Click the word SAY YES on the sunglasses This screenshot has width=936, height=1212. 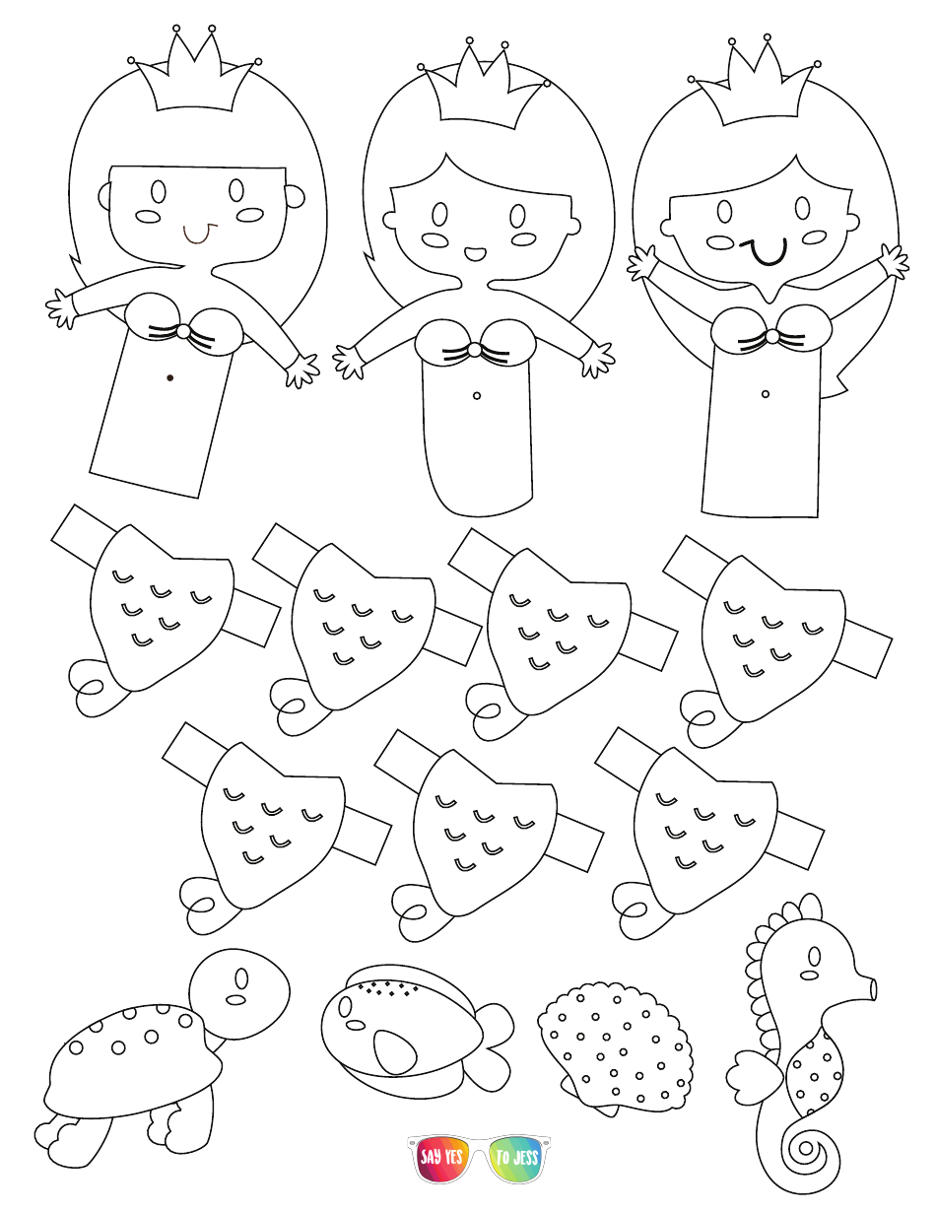(x=441, y=1157)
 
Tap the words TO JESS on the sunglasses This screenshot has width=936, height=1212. (x=517, y=1157)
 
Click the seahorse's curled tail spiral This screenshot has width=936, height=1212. (x=806, y=1149)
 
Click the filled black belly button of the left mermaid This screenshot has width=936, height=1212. (x=170, y=377)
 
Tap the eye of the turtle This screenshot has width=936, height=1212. (x=239, y=977)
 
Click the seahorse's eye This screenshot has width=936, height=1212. (x=813, y=956)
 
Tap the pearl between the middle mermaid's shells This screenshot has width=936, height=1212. (x=474, y=350)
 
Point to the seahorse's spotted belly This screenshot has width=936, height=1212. (x=816, y=1070)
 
